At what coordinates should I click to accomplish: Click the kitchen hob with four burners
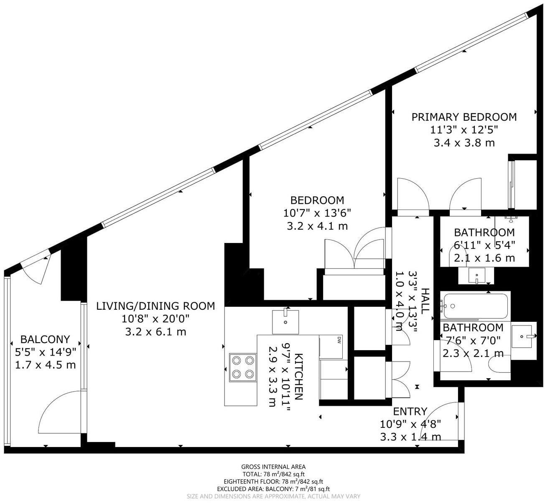243,367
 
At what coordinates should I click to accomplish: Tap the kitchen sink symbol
285,321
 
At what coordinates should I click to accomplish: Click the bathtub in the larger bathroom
476,306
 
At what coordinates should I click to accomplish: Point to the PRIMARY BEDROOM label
464,117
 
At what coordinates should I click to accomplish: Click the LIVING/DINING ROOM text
155,306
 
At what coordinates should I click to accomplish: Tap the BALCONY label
45,339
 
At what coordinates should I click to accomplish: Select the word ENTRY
410,412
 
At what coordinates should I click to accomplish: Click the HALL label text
425,301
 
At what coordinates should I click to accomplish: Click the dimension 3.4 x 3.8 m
464,143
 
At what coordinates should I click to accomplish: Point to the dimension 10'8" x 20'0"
155,319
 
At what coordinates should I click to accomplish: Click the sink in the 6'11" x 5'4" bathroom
476,276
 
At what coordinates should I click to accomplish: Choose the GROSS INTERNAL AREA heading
273,467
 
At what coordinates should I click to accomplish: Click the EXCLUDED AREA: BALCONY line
273,489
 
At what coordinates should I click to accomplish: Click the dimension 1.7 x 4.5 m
45,365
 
